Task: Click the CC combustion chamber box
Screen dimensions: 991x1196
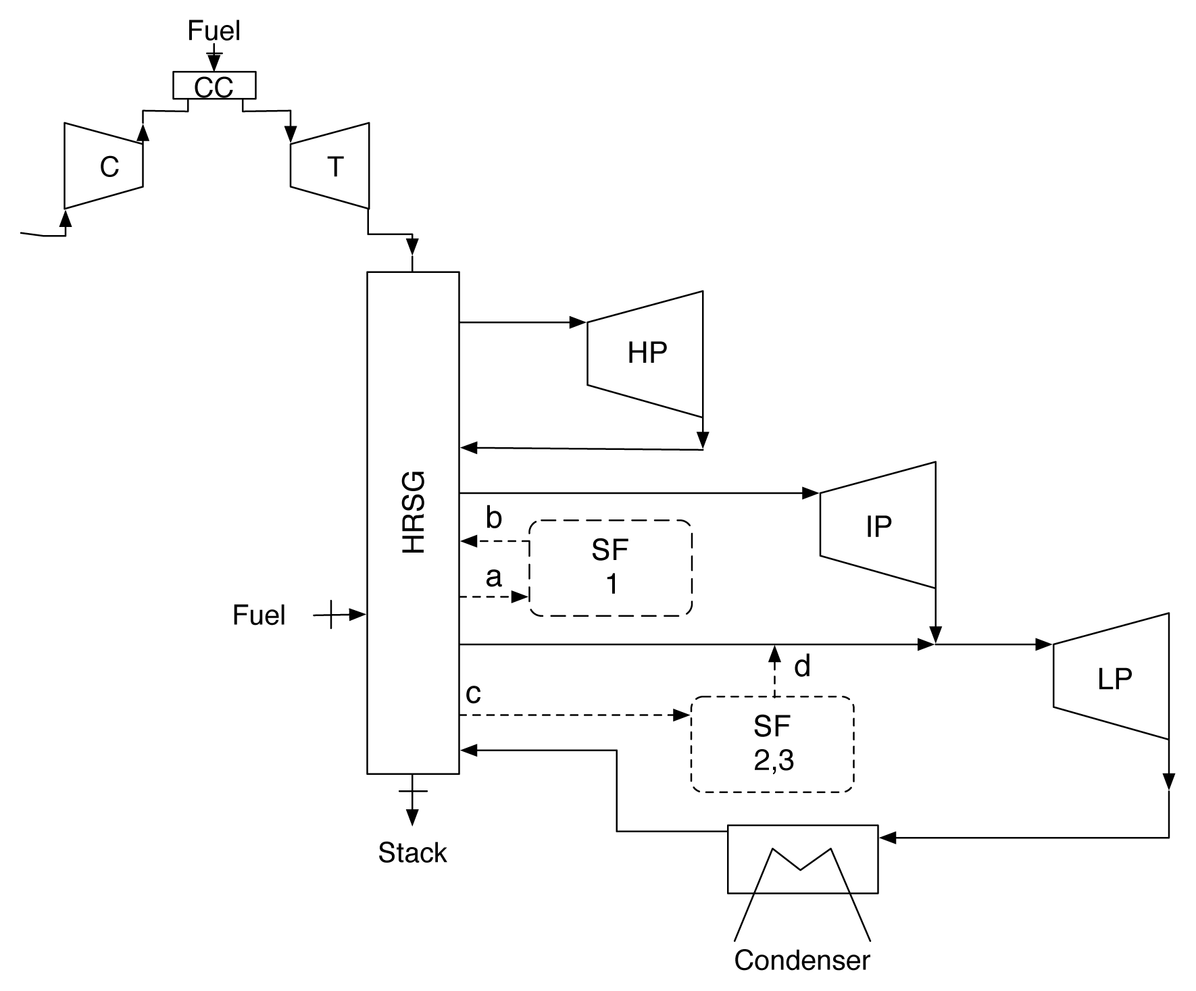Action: coord(214,86)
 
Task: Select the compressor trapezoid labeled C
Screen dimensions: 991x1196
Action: coord(104,166)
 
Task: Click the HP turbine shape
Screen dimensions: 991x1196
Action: coord(645,353)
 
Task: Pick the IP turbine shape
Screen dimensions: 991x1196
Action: coord(878,526)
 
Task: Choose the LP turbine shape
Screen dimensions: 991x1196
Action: coord(1112,677)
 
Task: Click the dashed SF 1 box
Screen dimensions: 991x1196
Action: coord(611,567)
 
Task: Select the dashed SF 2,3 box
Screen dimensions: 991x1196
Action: coord(772,744)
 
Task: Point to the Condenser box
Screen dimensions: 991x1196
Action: coord(803,859)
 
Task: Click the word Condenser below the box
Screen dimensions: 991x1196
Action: coord(802,960)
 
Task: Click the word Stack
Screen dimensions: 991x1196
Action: coord(412,853)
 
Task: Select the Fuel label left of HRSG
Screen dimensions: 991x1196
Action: coord(259,615)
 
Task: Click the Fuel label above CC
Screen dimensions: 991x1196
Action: coord(214,31)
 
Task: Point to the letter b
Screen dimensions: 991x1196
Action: coord(494,519)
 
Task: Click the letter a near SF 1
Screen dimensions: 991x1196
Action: coord(494,578)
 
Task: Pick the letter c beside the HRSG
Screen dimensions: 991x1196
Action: coord(474,694)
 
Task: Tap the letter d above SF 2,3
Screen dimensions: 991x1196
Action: coord(802,667)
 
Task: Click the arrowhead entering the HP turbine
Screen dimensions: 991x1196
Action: coord(578,323)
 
